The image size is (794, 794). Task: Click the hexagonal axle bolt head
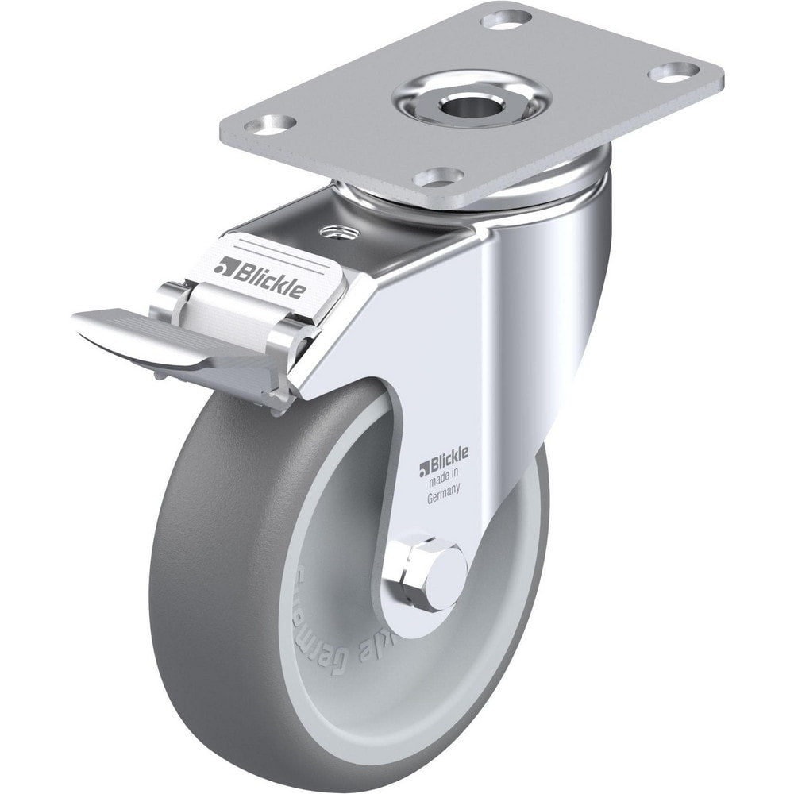pyautogui.click(x=414, y=572)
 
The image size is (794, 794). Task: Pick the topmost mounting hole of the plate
pyautogui.click(x=506, y=17)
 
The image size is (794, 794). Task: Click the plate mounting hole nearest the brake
pyautogui.click(x=439, y=176)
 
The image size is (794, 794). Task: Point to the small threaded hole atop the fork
pyautogui.click(x=335, y=232)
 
